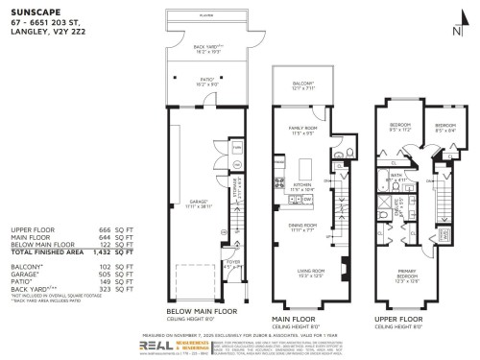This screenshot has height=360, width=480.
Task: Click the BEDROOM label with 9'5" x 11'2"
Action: click(400, 125)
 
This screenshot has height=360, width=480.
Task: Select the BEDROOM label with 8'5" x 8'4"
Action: click(444, 125)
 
